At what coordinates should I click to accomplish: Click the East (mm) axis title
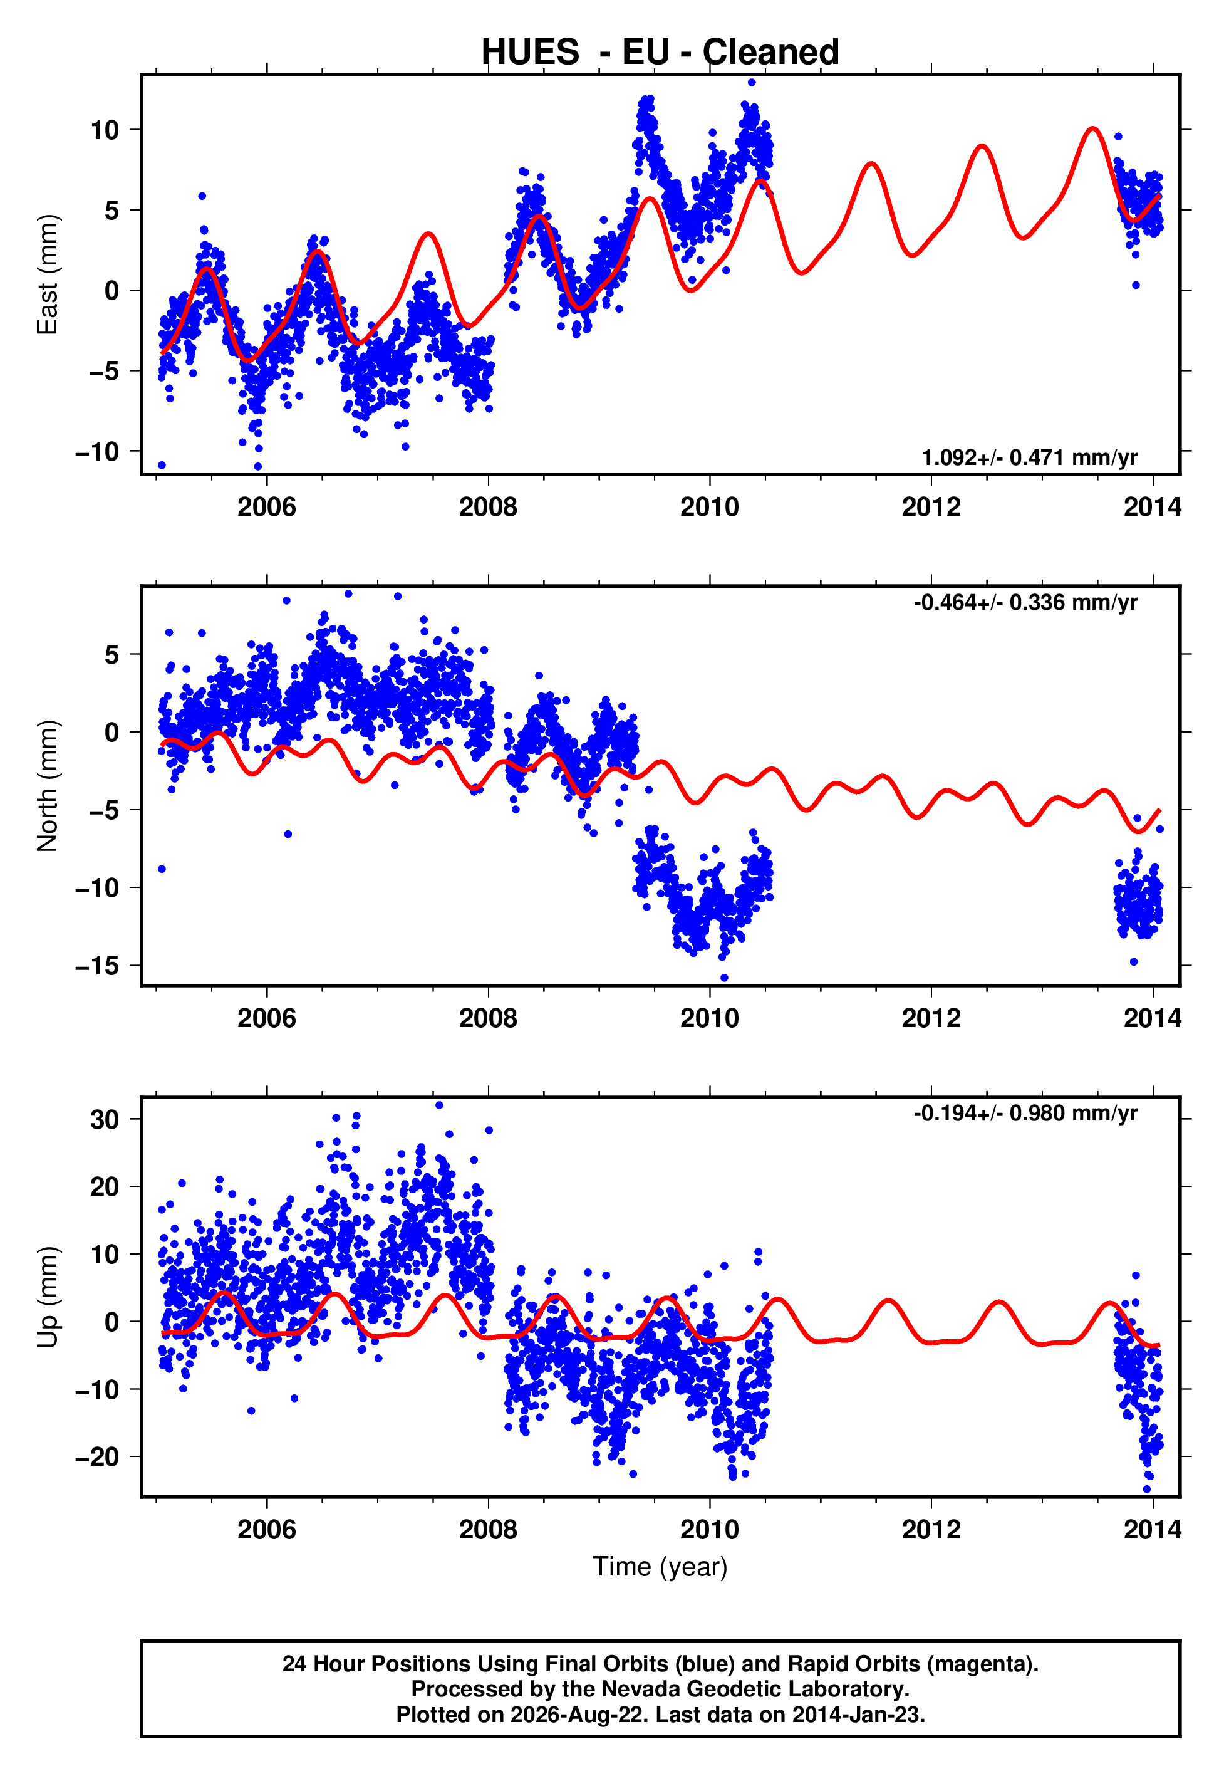coord(48,274)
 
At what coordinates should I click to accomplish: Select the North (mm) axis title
coord(48,786)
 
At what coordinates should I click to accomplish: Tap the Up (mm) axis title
coord(48,1297)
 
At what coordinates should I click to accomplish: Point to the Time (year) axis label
coord(660,1567)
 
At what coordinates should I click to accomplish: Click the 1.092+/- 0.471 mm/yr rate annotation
coord(1030,457)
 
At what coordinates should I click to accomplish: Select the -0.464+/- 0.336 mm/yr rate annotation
coord(1025,602)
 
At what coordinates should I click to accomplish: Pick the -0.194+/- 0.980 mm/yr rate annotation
coord(1025,1114)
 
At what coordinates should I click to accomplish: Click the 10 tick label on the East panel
coord(105,130)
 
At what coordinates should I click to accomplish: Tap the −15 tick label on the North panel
coord(98,966)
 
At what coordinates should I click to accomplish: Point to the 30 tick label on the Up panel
coord(105,1119)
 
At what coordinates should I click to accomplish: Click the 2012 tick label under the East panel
coord(931,507)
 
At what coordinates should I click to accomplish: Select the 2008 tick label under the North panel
coord(488,1018)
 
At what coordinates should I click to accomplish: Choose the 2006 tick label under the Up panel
coord(266,1530)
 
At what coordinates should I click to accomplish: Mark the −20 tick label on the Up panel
coord(98,1457)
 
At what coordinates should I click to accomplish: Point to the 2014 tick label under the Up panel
coord(1152,1530)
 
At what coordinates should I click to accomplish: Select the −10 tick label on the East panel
coord(98,451)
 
